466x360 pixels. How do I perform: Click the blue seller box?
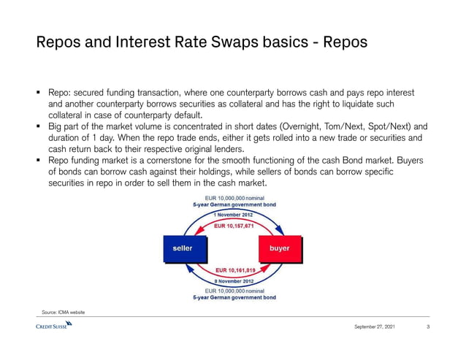click(x=183, y=248)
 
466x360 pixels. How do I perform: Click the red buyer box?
click(x=280, y=248)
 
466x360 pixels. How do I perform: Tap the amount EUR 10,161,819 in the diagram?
click(x=234, y=270)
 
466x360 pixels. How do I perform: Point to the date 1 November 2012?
click(x=234, y=215)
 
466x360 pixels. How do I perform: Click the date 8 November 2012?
click(x=234, y=281)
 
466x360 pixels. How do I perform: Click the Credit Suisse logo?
click(x=53, y=326)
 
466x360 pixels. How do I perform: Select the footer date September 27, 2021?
click(x=375, y=326)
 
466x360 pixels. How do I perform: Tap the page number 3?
click(x=427, y=326)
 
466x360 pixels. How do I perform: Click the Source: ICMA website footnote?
click(x=64, y=312)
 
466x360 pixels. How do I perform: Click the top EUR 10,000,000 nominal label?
click(x=234, y=198)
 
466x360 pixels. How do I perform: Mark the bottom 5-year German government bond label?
click(x=234, y=298)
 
